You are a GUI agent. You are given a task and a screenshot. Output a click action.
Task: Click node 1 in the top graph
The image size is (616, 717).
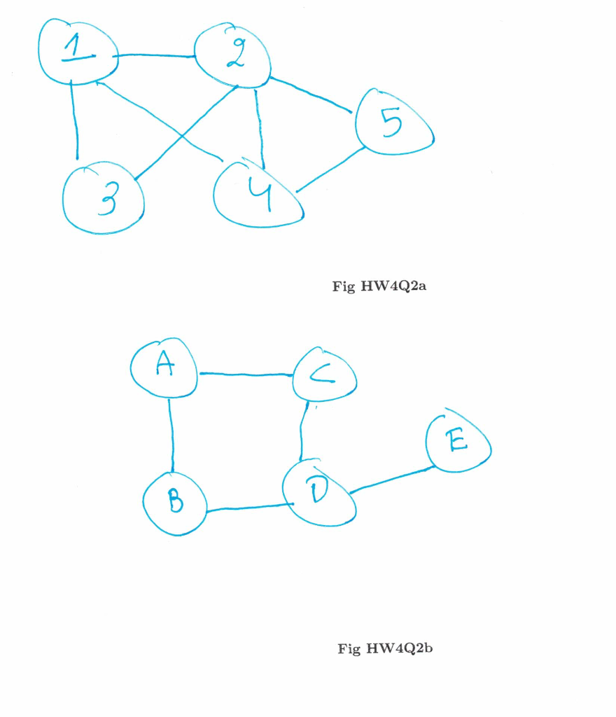78,52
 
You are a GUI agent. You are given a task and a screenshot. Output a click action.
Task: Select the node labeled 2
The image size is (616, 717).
232,55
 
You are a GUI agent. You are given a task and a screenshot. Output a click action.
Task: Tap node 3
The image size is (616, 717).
104,197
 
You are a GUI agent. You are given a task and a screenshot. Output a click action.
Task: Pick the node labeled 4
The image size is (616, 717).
258,193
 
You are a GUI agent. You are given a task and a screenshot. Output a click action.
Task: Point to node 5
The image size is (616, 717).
394,122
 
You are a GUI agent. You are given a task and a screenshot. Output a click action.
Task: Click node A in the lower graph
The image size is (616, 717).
164,368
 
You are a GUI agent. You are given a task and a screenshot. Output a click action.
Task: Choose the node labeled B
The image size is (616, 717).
175,503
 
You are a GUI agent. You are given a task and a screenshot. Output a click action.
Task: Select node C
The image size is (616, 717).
325,374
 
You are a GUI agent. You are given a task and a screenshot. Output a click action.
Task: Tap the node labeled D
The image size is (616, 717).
319,492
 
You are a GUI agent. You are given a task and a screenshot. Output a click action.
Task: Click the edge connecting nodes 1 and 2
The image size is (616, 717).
155,55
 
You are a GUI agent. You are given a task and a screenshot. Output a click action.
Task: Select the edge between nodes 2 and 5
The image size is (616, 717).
311,95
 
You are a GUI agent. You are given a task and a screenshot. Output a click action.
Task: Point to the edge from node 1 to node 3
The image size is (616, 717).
74,120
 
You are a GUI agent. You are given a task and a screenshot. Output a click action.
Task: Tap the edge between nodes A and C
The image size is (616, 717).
246,375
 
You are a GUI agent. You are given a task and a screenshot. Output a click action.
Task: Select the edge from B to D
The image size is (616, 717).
250,507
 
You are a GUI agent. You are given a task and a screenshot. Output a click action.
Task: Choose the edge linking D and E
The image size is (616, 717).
392,480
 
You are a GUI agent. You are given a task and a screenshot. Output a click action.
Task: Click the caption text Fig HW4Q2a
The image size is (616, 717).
379,286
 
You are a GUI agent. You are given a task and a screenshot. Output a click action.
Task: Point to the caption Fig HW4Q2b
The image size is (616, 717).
385,648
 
